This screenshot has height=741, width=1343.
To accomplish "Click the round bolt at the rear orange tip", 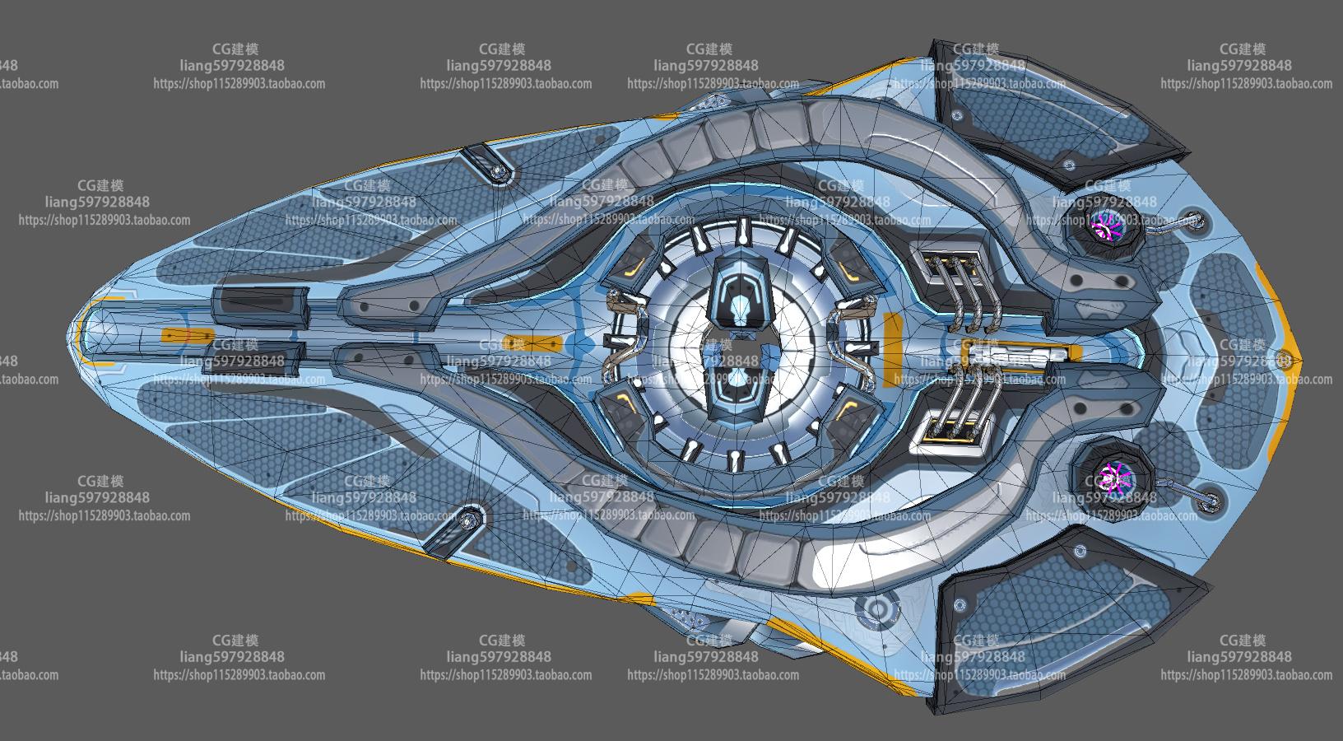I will tap(1283, 358).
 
